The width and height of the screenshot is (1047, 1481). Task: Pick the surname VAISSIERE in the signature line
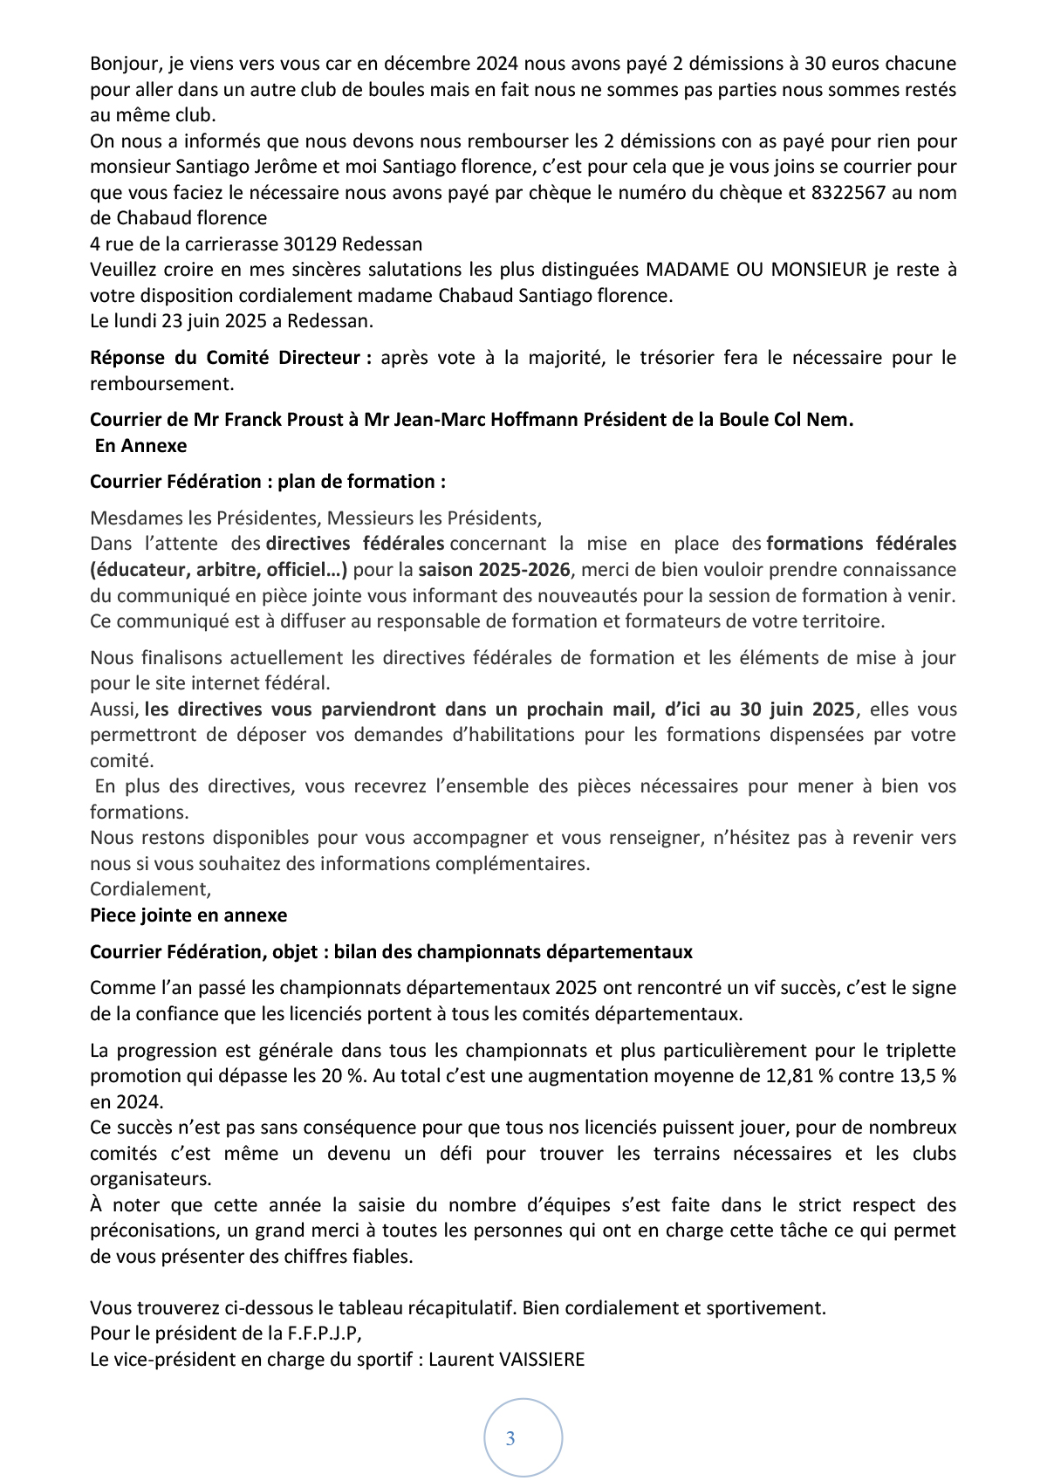(544, 1360)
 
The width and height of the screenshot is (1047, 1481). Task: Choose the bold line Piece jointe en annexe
(188, 915)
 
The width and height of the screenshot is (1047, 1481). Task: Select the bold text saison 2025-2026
(494, 570)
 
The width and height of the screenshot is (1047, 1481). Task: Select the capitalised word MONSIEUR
(818, 270)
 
